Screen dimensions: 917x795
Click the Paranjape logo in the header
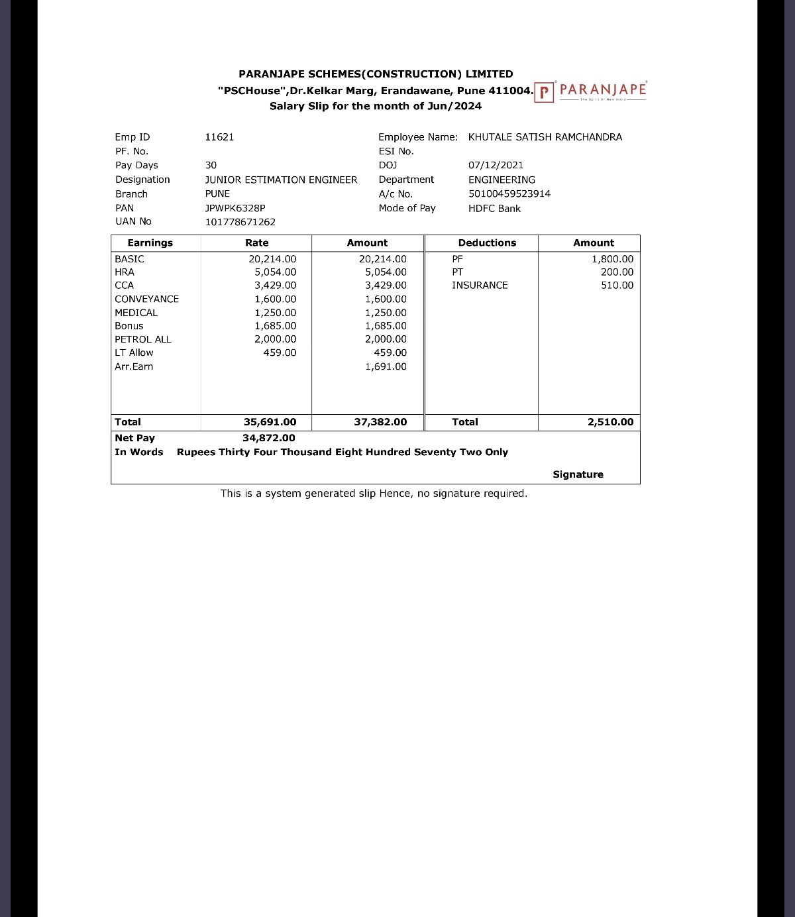coord(590,91)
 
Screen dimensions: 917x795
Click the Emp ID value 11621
coord(219,137)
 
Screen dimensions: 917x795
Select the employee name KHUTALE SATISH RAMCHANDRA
coord(545,137)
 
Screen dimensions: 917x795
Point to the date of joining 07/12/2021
coord(496,165)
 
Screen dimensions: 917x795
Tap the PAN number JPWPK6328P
coord(235,208)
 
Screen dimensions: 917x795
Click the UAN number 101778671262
coord(240,222)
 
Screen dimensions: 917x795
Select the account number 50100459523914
coord(509,193)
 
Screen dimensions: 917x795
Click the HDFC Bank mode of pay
coord(494,208)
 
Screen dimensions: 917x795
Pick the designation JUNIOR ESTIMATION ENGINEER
coord(281,180)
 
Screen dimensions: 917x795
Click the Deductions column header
coord(487,243)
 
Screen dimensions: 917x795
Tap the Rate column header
coord(256,243)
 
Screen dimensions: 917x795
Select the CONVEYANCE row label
coord(146,299)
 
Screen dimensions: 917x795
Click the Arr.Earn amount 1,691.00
coord(386,366)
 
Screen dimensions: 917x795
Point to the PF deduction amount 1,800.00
coord(612,259)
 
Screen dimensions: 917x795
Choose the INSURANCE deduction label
coord(480,285)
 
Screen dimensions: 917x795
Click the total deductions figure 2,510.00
coord(610,422)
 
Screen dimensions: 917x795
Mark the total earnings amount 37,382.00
coord(380,422)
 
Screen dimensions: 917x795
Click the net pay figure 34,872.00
coord(269,438)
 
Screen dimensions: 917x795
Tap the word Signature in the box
coord(578,474)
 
